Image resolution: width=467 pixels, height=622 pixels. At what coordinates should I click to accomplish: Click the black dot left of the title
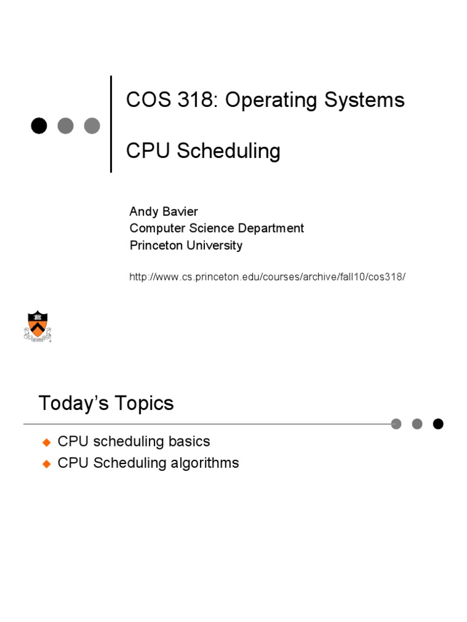39,126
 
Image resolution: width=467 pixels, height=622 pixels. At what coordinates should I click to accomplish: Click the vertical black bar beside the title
111,124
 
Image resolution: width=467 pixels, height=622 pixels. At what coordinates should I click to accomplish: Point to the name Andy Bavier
164,211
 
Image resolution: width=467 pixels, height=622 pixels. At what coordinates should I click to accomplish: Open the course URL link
267,277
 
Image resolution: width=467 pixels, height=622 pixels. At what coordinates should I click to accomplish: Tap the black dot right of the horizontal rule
438,424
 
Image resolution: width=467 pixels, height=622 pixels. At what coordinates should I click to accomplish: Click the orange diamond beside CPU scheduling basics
47,442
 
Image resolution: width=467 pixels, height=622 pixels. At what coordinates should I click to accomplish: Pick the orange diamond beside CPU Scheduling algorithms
47,463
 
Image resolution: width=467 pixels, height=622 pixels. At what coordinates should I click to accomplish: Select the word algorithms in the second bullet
204,463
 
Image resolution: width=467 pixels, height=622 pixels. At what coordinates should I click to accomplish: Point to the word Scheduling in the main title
229,151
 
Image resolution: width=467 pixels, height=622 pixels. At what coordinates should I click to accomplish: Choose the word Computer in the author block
156,228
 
